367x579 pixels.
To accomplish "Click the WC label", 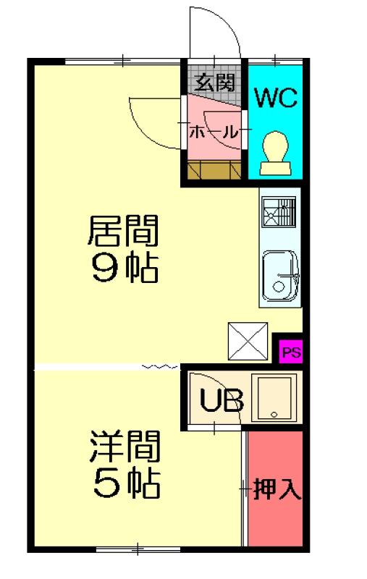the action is click(277, 98).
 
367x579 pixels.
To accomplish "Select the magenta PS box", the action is click(290, 352).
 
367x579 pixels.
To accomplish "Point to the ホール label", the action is click(214, 132).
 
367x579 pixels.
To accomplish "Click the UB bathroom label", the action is click(222, 400).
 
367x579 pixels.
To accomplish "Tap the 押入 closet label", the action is click(277, 489).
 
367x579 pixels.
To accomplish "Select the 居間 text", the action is click(123, 231).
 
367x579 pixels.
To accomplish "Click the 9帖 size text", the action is click(125, 268).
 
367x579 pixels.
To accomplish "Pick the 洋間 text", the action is click(125, 446).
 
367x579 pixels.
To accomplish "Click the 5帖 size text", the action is click(126, 483).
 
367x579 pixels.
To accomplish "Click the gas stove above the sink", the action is click(279, 212).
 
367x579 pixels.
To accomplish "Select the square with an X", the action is click(248, 341).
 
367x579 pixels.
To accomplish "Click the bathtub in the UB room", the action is click(274, 398).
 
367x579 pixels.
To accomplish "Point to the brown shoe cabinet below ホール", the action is click(214, 170).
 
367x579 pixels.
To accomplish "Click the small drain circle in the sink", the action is click(279, 286).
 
